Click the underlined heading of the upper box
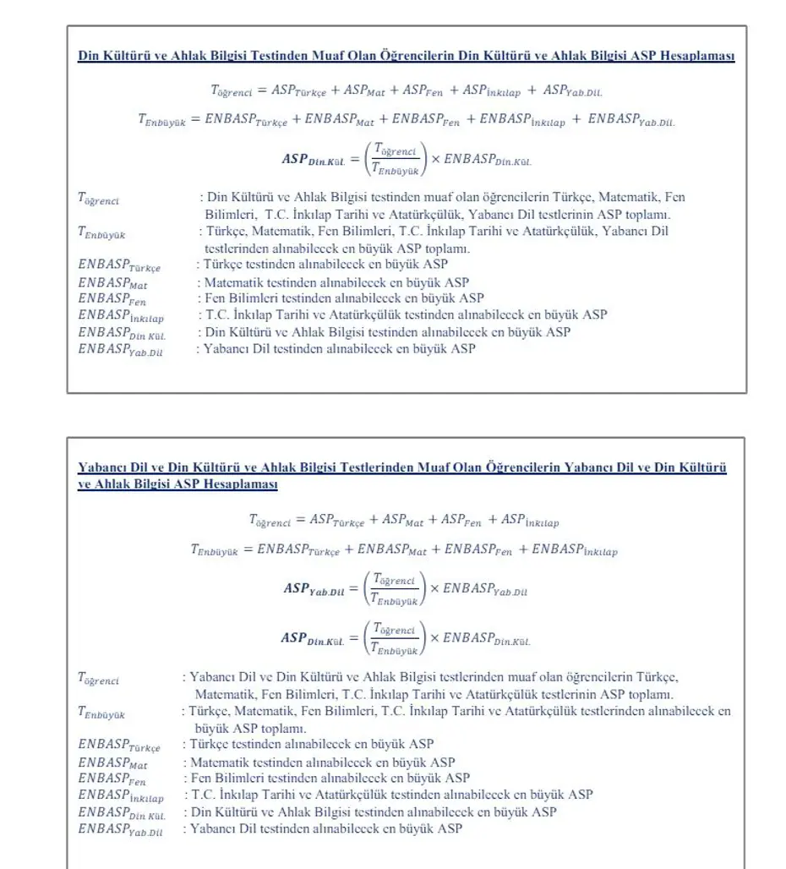tap(406, 57)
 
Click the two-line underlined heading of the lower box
tap(402, 475)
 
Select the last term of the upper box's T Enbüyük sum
tap(631, 120)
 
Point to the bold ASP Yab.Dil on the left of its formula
tap(314, 589)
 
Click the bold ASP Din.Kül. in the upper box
tap(313, 158)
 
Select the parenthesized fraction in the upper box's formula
tap(396, 158)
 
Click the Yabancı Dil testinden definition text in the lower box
tap(326, 829)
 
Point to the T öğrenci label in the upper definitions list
tap(99, 199)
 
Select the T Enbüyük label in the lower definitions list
tap(101, 713)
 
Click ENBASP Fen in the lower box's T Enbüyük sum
tap(478, 549)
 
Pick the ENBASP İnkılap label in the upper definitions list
tap(121, 315)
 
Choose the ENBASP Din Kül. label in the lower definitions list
tap(122, 812)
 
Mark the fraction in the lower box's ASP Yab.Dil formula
tap(395, 589)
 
